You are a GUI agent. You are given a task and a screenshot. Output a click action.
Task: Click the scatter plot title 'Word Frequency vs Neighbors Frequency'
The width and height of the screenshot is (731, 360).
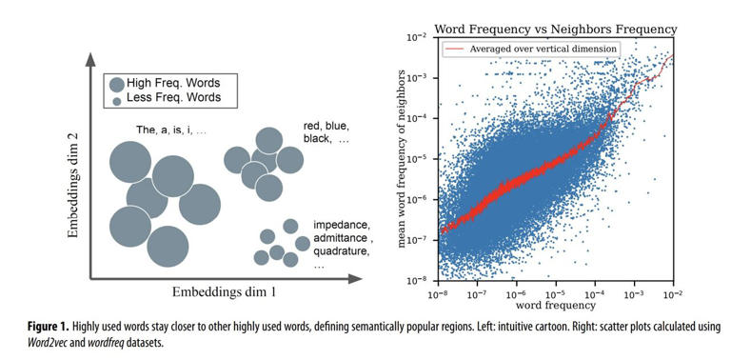click(555, 30)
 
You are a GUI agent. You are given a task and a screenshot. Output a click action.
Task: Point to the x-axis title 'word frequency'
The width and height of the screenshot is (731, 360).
click(556, 305)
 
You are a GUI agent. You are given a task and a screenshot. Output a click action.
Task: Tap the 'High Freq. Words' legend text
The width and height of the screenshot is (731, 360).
click(168, 83)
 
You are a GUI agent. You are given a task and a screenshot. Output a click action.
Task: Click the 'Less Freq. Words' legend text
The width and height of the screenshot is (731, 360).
click(168, 99)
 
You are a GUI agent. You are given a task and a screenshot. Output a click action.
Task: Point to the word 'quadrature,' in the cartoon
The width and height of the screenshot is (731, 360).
click(342, 251)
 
